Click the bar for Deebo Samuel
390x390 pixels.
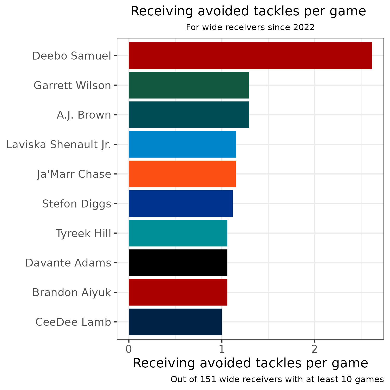click(x=250, y=56)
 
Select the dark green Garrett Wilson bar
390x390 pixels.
click(x=189, y=85)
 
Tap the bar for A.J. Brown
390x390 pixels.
click(x=189, y=115)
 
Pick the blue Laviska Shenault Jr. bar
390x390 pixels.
click(x=182, y=144)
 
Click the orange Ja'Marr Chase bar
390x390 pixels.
click(x=182, y=174)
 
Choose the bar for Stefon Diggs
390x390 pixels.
click(x=181, y=203)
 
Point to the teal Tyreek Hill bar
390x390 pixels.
click(x=178, y=233)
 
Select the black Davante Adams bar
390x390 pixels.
click(x=178, y=263)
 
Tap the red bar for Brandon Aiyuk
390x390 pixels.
click(x=178, y=292)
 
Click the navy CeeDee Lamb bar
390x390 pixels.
click(x=175, y=322)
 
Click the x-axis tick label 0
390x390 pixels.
click(x=129, y=349)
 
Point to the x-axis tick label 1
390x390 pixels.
click(x=222, y=349)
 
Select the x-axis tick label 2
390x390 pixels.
click(x=315, y=349)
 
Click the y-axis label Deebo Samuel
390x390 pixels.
click(x=72, y=56)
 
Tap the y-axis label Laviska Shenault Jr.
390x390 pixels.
click(x=59, y=145)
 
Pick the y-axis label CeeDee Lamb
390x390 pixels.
click(x=73, y=322)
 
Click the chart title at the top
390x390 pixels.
click(x=248, y=11)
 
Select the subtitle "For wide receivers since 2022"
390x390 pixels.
click(x=250, y=27)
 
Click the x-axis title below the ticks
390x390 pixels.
click(x=250, y=363)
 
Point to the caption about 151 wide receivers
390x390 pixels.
click(x=277, y=380)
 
